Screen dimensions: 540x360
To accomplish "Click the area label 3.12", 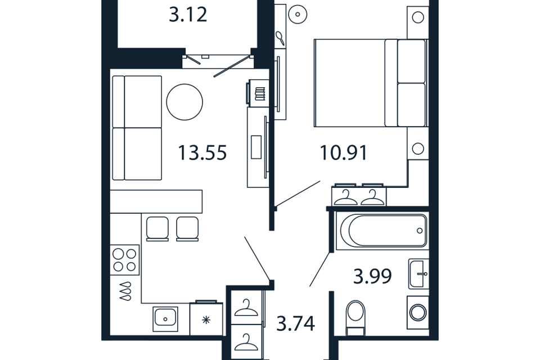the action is pyautogui.click(x=188, y=15).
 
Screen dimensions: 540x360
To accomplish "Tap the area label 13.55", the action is pyautogui.click(x=202, y=152).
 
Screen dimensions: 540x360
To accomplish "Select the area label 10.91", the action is pyautogui.click(x=344, y=152).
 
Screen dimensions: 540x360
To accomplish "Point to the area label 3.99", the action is pyautogui.click(x=372, y=276).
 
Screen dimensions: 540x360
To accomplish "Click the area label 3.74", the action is pyautogui.click(x=296, y=324).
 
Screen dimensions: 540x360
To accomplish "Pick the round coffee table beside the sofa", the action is pyautogui.click(x=184, y=102).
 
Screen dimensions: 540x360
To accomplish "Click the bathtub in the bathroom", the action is pyautogui.click(x=382, y=231).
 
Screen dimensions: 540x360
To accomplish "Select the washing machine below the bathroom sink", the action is pyautogui.click(x=418, y=313).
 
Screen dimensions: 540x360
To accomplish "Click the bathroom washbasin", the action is pyautogui.click(x=418, y=274).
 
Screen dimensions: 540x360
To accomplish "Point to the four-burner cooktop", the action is pyautogui.click(x=125, y=260).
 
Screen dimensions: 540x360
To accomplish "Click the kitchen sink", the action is pyautogui.click(x=165, y=319).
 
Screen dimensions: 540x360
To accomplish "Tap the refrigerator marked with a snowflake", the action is pyautogui.click(x=206, y=319).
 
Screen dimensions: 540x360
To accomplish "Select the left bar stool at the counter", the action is pyautogui.click(x=157, y=229).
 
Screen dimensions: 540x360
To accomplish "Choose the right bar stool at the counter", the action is pyautogui.click(x=187, y=229).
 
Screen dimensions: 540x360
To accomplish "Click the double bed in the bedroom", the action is pyautogui.click(x=371, y=83).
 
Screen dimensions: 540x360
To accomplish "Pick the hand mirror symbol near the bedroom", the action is pyautogui.click(x=280, y=38).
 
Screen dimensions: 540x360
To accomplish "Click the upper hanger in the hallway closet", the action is pyautogui.click(x=246, y=308).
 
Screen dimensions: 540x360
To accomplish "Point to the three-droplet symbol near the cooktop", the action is pyautogui.click(x=125, y=291).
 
